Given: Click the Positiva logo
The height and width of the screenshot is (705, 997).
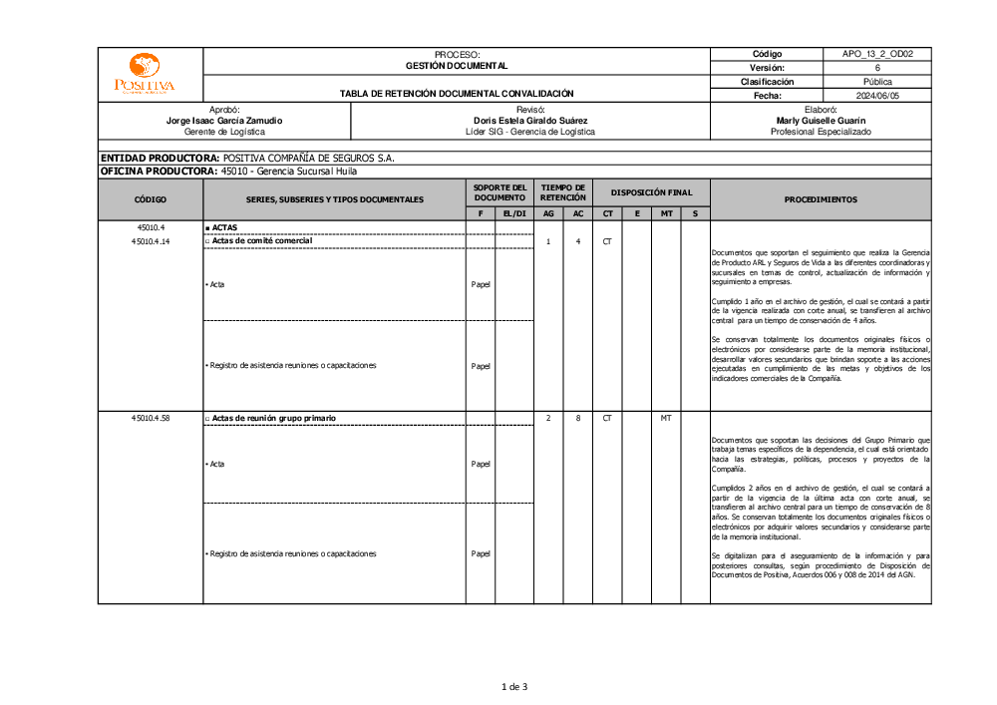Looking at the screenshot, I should [x=145, y=74].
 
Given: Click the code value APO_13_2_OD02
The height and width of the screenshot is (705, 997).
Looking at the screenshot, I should [x=877, y=54].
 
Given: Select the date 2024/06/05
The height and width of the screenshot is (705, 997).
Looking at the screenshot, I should [x=877, y=96].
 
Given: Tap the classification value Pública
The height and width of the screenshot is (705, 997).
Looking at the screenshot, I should [x=877, y=82].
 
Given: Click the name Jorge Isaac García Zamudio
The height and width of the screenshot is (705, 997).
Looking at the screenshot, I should [x=224, y=120].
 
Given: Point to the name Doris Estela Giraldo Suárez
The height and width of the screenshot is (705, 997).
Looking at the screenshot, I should [x=530, y=120].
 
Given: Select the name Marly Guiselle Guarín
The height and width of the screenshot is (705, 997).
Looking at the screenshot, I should [x=821, y=120].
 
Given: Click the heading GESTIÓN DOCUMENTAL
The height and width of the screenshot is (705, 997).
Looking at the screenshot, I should [x=457, y=66].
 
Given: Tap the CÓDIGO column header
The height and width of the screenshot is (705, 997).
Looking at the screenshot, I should [x=151, y=199].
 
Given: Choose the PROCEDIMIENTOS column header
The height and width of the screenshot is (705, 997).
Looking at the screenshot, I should [x=821, y=199].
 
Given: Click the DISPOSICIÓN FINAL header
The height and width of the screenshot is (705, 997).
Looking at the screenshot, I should [x=651, y=192].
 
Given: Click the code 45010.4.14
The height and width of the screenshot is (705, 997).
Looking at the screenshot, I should [x=151, y=241].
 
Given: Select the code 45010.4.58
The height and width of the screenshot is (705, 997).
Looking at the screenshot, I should [x=151, y=418].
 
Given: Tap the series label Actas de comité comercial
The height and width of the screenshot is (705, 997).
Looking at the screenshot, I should [x=261, y=241].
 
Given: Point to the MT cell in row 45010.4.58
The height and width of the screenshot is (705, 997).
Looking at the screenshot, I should [x=666, y=418].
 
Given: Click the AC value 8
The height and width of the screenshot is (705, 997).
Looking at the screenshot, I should [x=578, y=418].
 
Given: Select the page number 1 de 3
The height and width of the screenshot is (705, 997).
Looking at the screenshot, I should [x=513, y=686].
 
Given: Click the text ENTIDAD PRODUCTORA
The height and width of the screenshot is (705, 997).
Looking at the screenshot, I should [x=159, y=158].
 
